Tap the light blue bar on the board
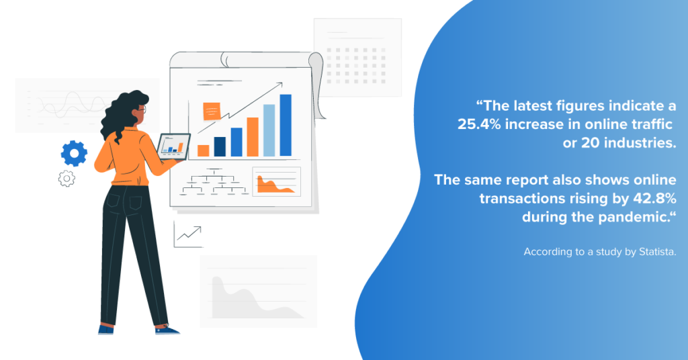(269, 130)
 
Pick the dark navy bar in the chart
(220, 146)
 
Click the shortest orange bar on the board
(203, 151)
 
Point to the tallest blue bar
(286, 126)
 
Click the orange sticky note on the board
(212, 111)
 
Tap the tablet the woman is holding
(173, 146)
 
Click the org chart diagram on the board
(214, 182)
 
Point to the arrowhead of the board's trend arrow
(280, 84)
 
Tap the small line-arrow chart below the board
(189, 234)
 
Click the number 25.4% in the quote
(479, 124)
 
